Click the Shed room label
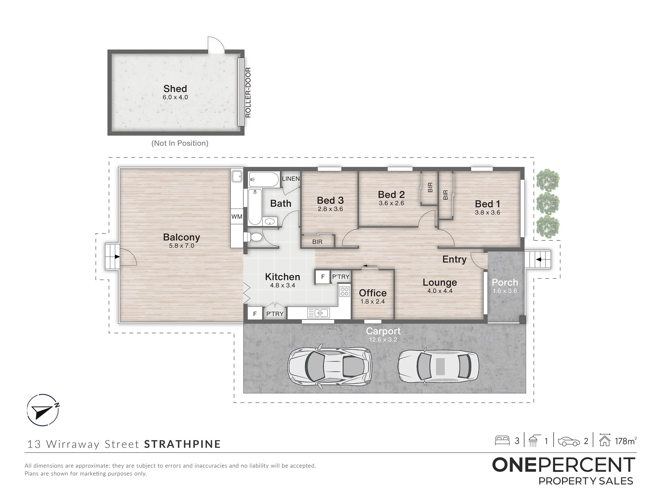click(175, 89)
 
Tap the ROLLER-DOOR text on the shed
click(248, 92)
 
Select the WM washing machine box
click(237, 216)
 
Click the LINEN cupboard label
click(291, 179)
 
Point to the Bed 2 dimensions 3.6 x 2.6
click(391, 203)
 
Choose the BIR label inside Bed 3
click(317, 242)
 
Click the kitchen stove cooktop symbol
click(344, 291)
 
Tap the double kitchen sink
click(318, 313)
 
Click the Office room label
click(373, 293)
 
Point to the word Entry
click(454, 259)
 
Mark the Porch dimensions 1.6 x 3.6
click(505, 291)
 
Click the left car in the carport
click(330, 366)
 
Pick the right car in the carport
click(438, 366)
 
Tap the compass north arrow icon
click(43, 410)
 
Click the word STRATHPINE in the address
click(182, 444)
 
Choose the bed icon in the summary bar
click(502, 440)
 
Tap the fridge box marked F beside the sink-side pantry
click(255, 314)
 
